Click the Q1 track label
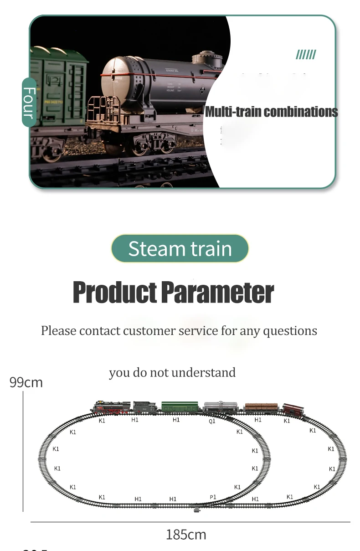click(x=212, y=422)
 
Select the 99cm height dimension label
click(x=26, y=382)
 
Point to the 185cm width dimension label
click(x=186, y=534)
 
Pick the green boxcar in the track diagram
click(x=180, y=407)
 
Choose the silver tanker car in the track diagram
click(x=221, y=407)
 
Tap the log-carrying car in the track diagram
click(x=261, y=407)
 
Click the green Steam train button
click(x=180, y=249)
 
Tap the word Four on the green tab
click(x=29, y=103)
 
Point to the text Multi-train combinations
click(x=271, y=112)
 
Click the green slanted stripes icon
click(x=305, y=56)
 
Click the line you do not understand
click(x=172, y=373)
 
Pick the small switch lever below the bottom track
click(x=197, y=510)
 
